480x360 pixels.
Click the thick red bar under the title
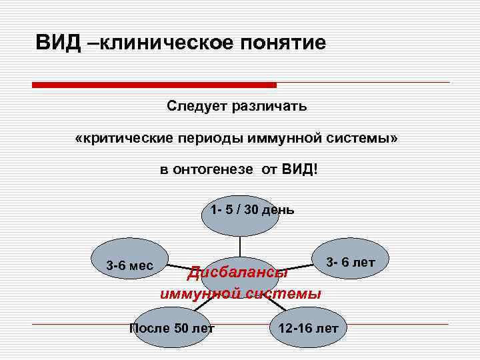pyautogui.click(x=154, y=85)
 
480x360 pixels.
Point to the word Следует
pyautogui.click(x=196, y=105)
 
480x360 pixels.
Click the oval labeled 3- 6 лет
pyautogui.click(x=351, y=262)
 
